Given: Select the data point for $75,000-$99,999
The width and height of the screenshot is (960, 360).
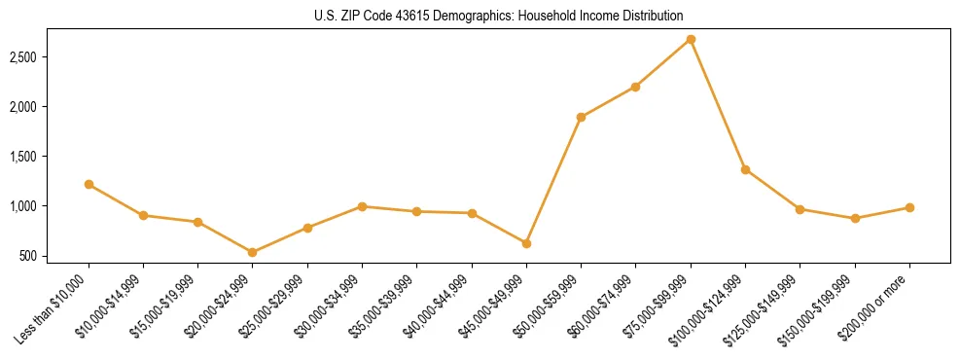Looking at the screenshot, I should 691,39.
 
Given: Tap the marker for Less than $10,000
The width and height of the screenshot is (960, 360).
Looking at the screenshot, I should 89,184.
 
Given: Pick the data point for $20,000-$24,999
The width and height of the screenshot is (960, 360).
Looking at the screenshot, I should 253,252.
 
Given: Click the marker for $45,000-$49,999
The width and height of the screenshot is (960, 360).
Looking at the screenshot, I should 526,243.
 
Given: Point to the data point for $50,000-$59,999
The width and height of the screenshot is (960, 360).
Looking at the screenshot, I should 581,117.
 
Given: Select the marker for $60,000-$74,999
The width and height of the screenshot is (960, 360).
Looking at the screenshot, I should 635,87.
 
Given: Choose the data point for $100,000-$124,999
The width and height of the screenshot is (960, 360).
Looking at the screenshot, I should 745,169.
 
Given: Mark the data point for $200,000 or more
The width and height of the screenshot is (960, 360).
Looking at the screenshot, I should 909,207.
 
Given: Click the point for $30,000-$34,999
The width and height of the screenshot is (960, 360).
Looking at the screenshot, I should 362,206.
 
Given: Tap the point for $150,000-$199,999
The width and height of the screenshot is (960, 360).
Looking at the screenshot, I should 855,218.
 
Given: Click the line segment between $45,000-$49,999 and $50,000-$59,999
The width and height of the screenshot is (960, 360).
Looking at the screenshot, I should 553,180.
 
